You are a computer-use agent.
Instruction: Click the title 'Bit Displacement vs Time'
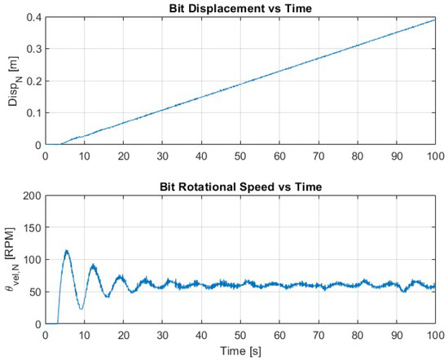pos(240,8)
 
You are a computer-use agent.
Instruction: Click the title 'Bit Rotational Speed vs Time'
pos(240,187)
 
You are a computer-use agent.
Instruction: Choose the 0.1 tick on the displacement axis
pos(32,113)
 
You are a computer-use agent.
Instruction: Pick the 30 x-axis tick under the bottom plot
pos(162,334)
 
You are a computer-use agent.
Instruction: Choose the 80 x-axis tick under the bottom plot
pos(358,334)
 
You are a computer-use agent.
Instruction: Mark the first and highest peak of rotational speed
pos(67,251)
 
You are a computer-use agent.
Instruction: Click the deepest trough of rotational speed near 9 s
pos(81,309)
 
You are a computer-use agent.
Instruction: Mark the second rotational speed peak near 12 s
pos(93,265)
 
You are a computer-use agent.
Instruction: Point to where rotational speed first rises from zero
pos(57,323)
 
